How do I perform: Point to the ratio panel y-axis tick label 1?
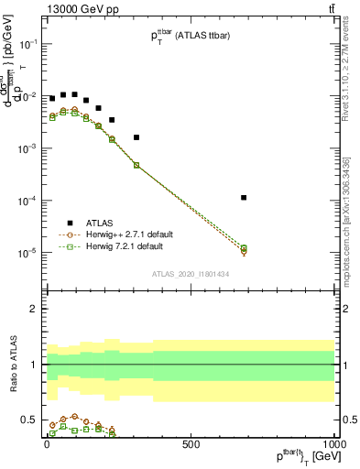[x=34, y=365]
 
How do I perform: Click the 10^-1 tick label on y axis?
[x=27, y=44]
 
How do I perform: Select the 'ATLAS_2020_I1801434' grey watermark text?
[x=190, y=274]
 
